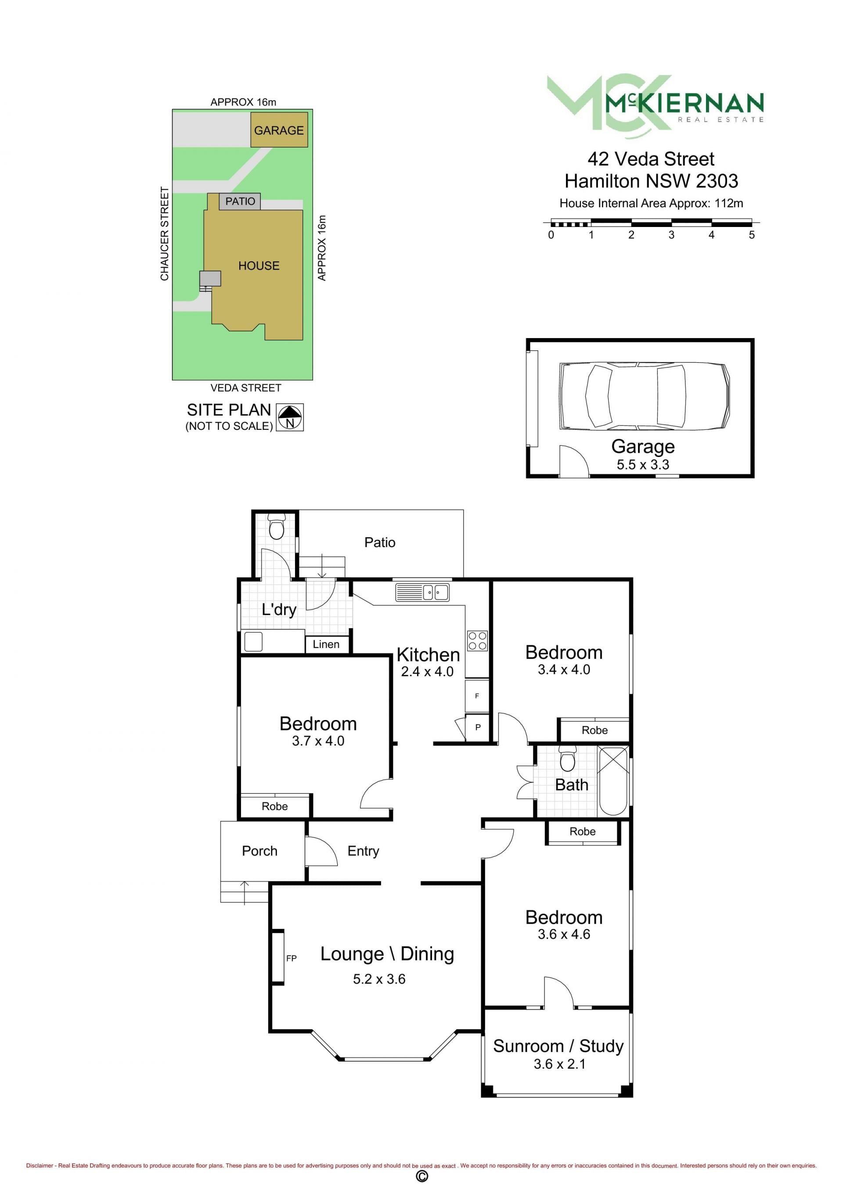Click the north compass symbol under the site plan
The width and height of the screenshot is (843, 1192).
coord(290,417)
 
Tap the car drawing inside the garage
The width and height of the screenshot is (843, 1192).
coord(644,396)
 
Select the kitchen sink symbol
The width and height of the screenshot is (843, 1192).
coord(422,592)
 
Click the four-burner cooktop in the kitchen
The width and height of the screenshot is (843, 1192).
coord(477,641)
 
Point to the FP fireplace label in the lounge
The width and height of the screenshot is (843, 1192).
coord(291,958)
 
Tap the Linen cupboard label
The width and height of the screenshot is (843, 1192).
coord(326,644)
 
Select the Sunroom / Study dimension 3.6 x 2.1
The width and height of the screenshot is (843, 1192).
coord(559,1064)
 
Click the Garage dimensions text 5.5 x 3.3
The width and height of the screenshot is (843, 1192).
coord(643,465)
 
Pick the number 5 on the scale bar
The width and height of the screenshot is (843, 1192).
coord(752,234)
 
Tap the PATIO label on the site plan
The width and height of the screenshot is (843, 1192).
coord(240,202)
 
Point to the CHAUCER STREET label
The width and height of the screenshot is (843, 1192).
coord(165,234)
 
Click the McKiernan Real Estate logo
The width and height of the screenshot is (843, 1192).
coord(655,106)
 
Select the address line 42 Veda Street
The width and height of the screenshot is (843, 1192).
coord(651,159)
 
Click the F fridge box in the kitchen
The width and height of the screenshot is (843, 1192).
coord(477,696)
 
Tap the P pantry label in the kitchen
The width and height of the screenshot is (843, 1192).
coord(478,727)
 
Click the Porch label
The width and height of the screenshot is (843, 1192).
coord(259,851)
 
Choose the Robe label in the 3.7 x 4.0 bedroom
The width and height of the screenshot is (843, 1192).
coord(274,806)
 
